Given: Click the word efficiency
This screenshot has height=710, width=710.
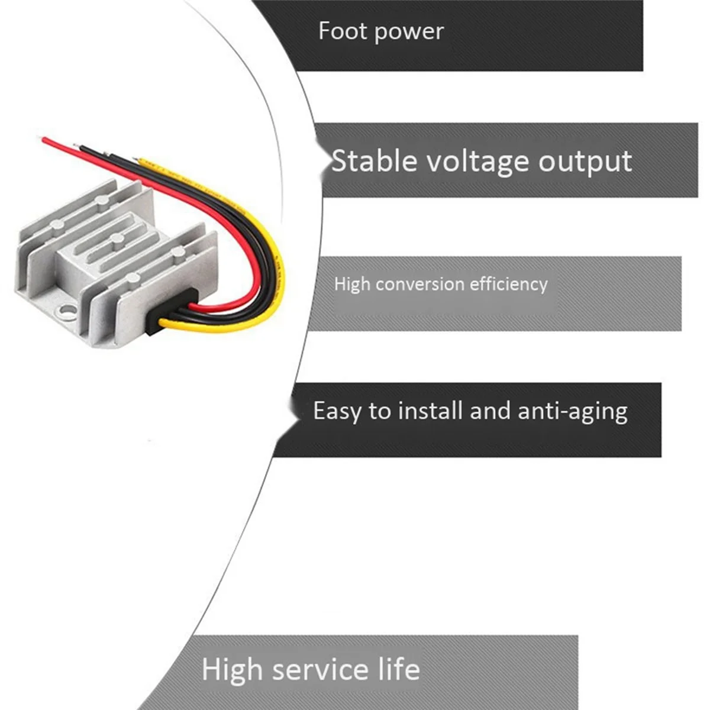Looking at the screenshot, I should (x=508, y=285).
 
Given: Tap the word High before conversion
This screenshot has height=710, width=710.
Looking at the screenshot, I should (x=351, y=285).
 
